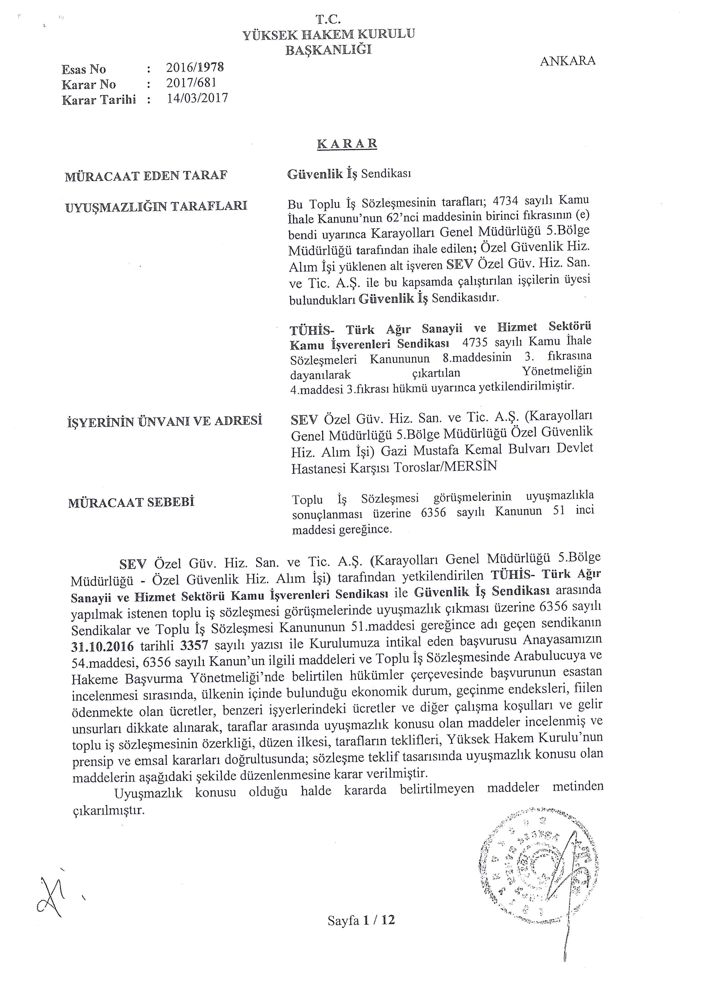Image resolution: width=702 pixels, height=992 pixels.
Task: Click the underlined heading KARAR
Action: (347, 144)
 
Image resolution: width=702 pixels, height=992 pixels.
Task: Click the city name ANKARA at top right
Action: (568, 61)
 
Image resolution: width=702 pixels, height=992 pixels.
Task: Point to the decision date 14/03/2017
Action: (197, 98)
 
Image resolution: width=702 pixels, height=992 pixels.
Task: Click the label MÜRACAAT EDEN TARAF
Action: (146, 176)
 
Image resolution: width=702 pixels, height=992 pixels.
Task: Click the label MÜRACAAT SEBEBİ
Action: (131, 502)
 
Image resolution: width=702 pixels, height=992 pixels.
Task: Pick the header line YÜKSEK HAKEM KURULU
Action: (329, 35)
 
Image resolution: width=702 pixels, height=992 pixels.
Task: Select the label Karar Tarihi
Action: (99, 100)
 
